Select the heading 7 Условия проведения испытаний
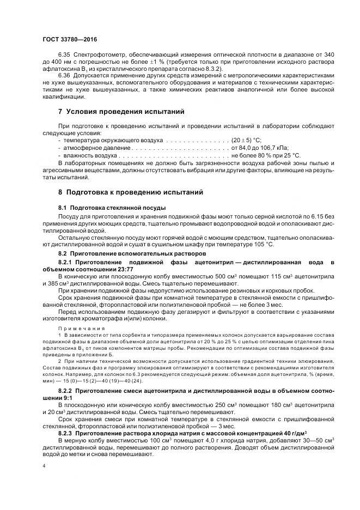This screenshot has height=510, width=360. click(121, 112)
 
